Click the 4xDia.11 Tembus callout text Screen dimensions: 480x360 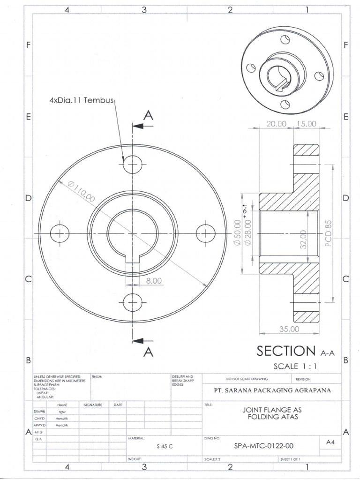pyautogui.click(x=82, y=101)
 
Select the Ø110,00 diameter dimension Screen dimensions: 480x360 pyautogui.click(x=81, y=192)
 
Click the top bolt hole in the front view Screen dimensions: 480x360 pyautogui.click(x=133, y=165)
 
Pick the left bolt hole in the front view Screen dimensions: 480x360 pyautogui.click(x=60, y=233)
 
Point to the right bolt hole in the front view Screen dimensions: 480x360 pyautogui.click(x=205, y=233)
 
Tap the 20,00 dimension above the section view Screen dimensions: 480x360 pyautogui.click(x=276, y=124)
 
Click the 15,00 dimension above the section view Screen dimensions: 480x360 pyautogui.click(x=307, y=124)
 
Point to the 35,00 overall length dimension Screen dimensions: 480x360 pyautogui.click(x=289, y=329)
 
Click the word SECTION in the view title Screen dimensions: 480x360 pyautogui.click(x=286, y=351)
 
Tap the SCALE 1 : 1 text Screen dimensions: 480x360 pyautogui.click(x=296, y=366)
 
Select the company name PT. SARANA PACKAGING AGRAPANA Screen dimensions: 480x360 pyautogui.click(x=272, y=390)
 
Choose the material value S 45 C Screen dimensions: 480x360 pyautogui.click(x=165, y=446)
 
